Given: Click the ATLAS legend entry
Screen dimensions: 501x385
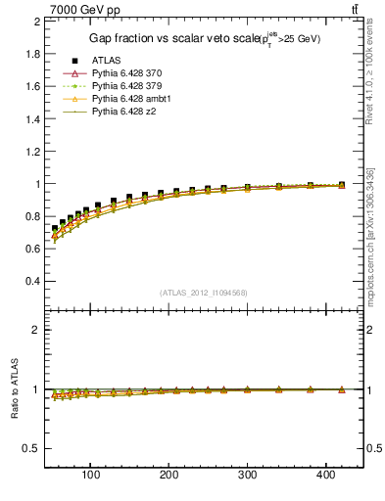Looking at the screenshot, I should (107, 61).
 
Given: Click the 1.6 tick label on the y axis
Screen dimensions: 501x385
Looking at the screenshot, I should (31, 86).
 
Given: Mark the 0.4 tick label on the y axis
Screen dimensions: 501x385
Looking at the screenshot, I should (31, 281).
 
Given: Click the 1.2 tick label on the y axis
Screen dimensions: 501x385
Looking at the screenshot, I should (31, 151).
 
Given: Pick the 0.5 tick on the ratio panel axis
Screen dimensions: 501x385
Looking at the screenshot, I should (31, 448).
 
